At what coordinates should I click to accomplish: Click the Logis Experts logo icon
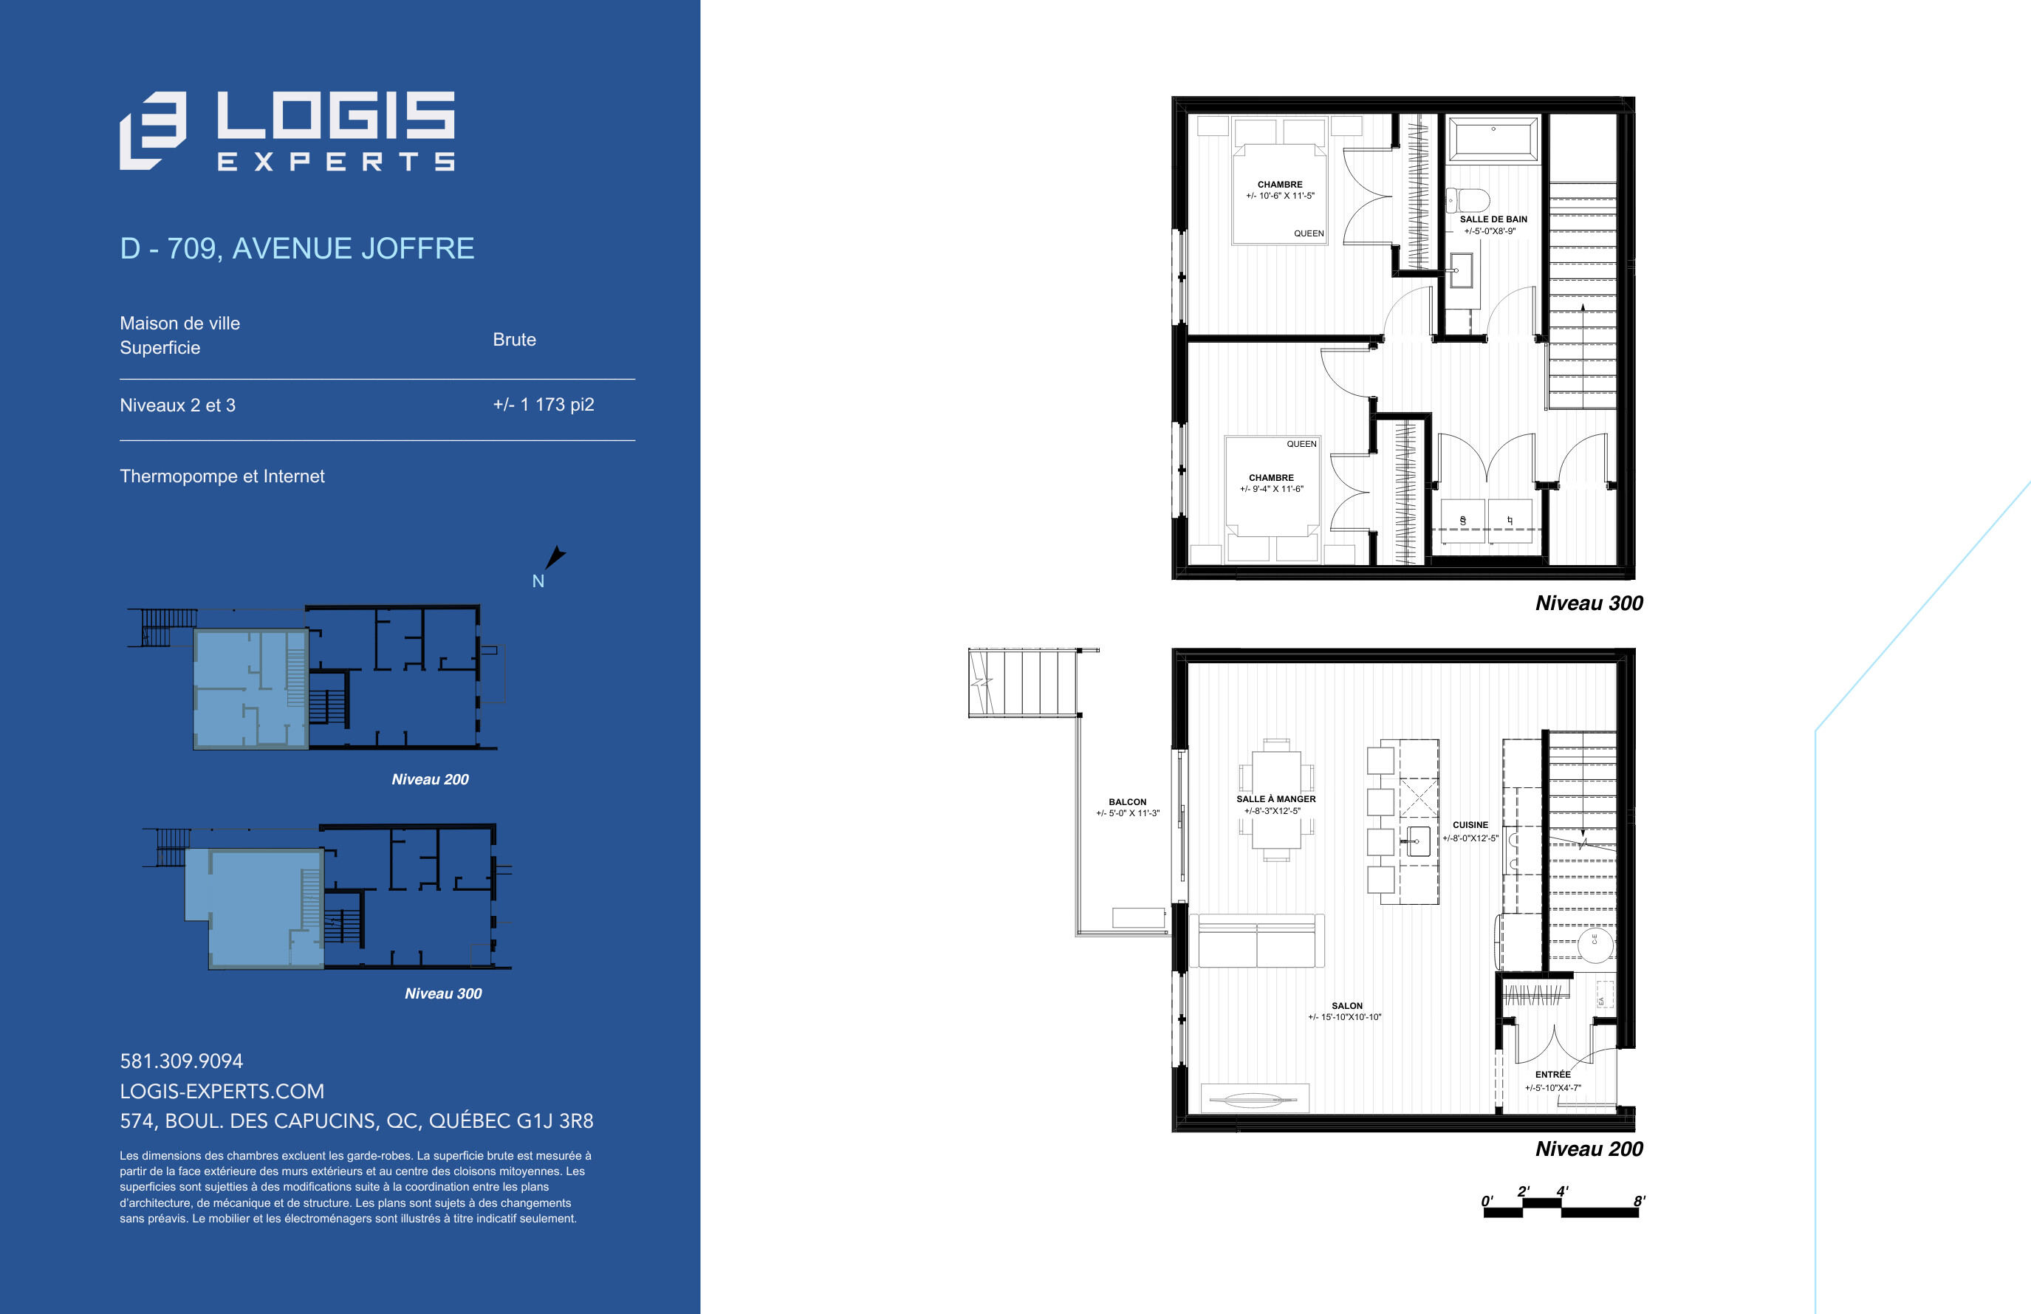tap(153, 131)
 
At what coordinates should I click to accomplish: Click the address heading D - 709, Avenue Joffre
tap(297, 248)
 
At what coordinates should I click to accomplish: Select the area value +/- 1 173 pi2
tap(544, 405)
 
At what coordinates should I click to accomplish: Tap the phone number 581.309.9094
tap(181, 1061)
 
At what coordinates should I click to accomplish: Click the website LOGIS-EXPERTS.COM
tap(222, 1090)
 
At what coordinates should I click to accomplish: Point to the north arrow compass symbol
tap(555, 557)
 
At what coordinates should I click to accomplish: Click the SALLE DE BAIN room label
tap(1493, 219)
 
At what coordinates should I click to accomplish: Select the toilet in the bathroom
tap(1467, 200)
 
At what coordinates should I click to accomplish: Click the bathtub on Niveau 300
tap(1493, 138)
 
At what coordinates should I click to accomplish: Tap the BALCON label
tap(1128, 802)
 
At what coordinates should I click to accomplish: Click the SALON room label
tap(1347, 1006)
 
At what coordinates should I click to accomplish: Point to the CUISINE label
tap(1470, 825)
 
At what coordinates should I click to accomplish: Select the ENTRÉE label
tap(1552, 1074)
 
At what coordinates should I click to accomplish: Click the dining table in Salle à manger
tap(1276, 799)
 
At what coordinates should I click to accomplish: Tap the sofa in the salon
tap(1256, 940)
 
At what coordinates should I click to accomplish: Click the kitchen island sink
tap(1418, 841)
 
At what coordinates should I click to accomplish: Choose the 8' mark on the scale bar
tap(1639, 1202)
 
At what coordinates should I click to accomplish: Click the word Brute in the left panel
tap(514, 340)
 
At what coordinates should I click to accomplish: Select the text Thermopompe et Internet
tap(222, 476)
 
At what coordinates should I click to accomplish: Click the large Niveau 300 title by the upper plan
tap(1589, 603)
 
